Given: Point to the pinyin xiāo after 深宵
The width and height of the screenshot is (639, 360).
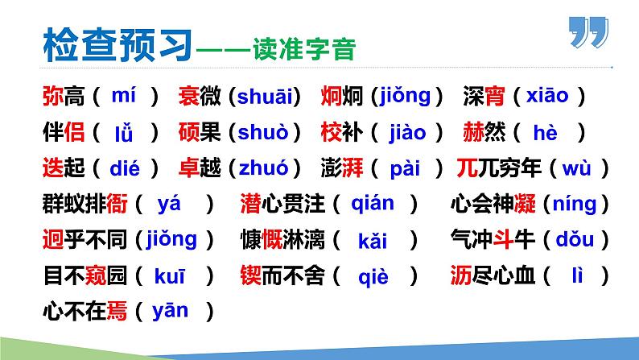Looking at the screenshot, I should coord(547,97).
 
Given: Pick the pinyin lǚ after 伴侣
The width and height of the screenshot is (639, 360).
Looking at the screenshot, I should coord(122,132).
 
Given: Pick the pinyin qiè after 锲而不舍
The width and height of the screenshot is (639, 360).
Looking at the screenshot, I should coord(373,276).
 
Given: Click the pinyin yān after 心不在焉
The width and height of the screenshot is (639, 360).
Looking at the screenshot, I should coord(169,311).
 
